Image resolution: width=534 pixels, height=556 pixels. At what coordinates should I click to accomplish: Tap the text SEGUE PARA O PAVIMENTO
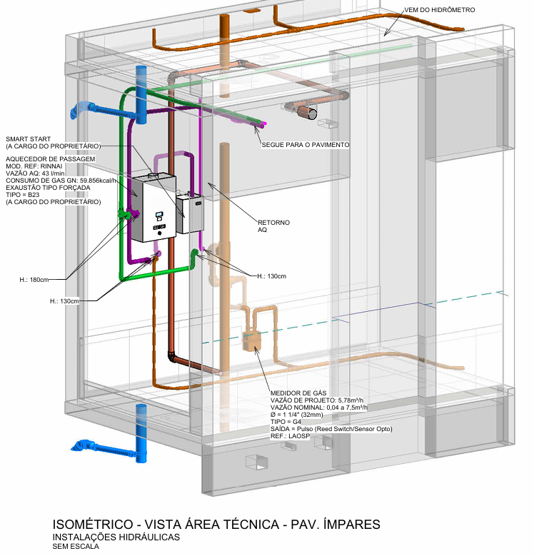(305, 145)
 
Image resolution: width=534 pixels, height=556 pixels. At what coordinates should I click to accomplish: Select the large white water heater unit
(153, 208)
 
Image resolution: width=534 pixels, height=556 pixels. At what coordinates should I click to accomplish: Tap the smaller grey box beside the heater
(191, 213)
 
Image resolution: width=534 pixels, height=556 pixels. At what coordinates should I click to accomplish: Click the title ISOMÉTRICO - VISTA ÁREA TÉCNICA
(216, 525)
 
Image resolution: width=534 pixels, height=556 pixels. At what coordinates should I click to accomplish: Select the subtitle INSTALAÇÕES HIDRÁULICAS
(116, 537)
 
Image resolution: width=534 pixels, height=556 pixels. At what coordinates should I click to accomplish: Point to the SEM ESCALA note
(75, 547)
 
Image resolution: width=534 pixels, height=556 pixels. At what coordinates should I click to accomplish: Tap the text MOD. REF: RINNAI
(36, 166)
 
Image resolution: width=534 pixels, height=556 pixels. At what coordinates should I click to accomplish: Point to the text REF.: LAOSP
(290, 435)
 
